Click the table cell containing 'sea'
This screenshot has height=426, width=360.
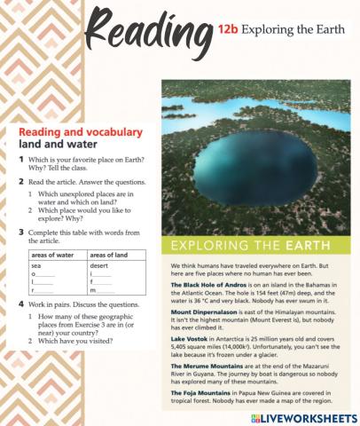[x=37, y=265]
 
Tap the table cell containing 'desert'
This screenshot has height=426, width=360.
[x=99, y=265]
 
